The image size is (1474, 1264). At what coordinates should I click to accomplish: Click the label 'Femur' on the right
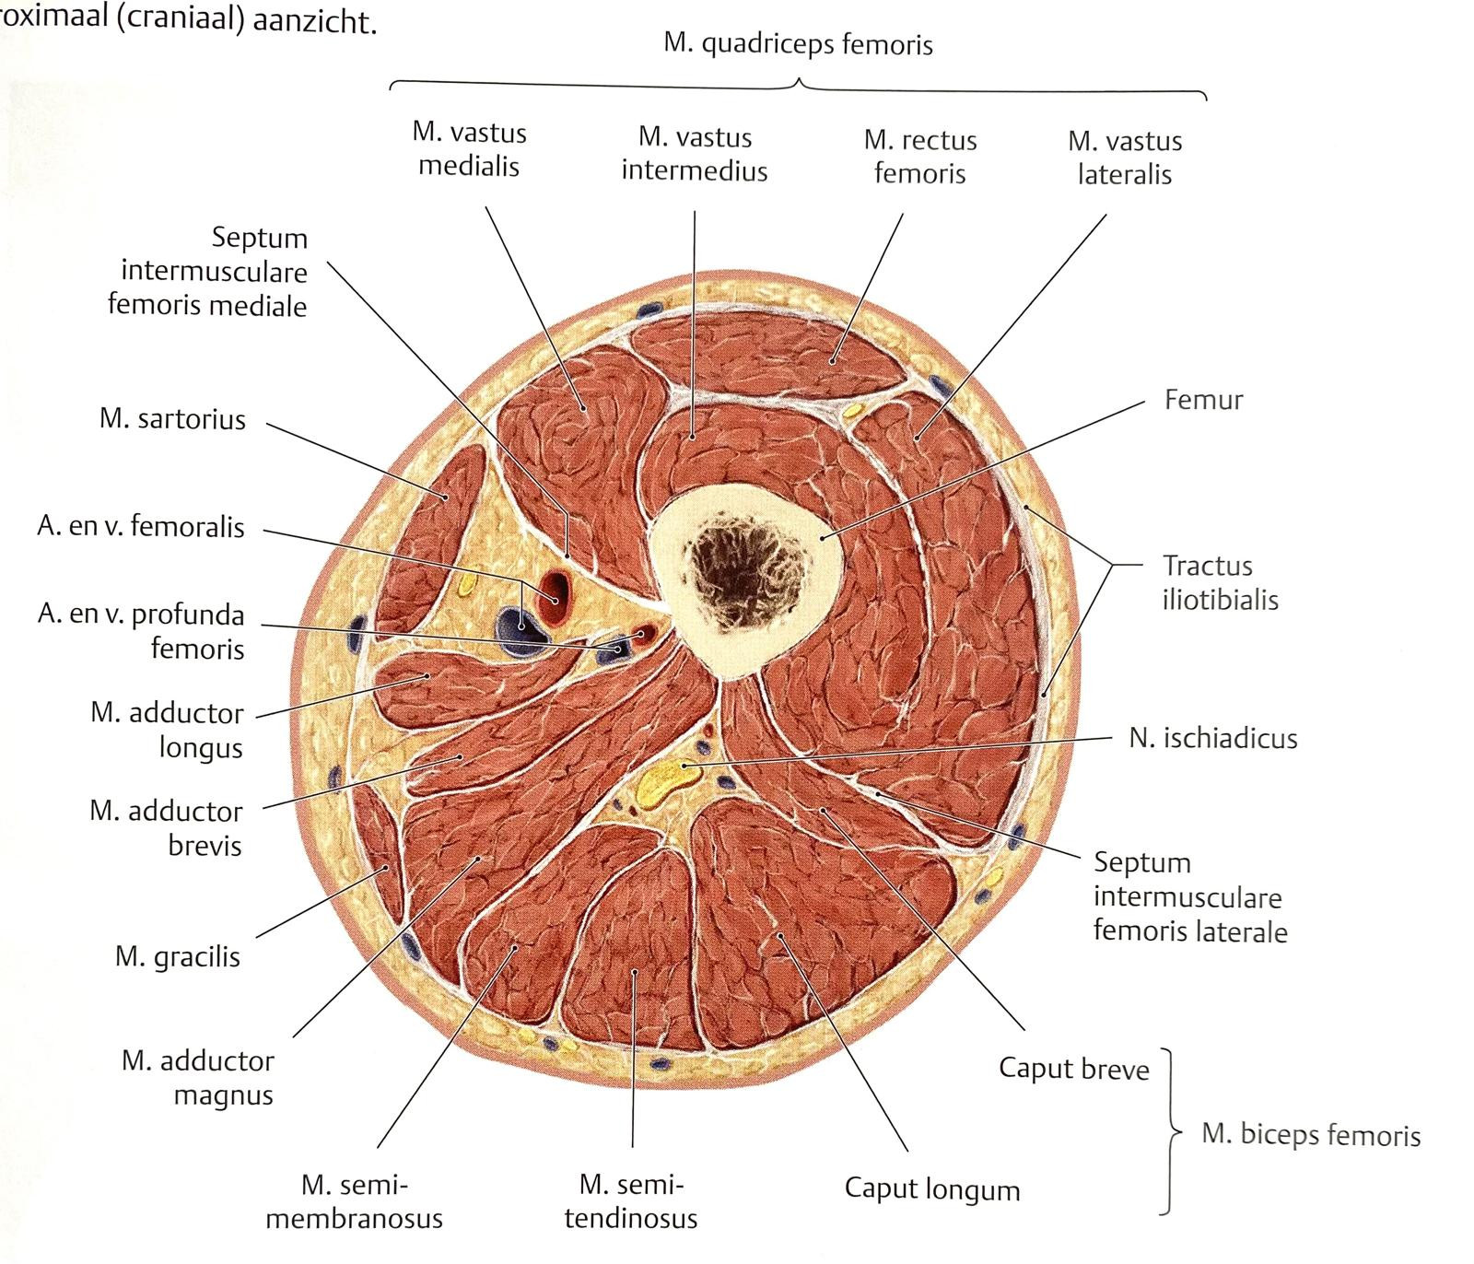tap(1203, 400)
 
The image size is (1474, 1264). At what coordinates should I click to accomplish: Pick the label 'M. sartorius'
tap(172, 419)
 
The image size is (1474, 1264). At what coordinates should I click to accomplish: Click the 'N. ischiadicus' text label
tap(1212, 738)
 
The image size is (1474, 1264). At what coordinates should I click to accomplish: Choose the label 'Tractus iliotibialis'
tap(1219, 582)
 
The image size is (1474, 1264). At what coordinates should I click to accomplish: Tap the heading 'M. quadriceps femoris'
tap(798, 44)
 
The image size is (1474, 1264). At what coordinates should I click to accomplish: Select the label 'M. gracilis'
tap(177, 956)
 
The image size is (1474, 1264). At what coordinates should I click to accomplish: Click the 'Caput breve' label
tap(1074, 1069)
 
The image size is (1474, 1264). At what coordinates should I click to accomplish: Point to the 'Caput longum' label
tap(932, 1188)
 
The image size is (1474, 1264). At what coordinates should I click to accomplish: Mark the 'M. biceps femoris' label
tap(1311, 1134)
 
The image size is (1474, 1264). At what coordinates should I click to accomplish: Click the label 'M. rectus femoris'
tap(920, 157)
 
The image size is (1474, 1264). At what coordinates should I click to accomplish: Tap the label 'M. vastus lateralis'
tap(1125, 158)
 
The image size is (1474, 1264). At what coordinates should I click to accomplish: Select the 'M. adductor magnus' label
tap(198, 1078)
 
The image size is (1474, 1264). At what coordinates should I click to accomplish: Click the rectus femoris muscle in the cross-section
tap(769, 355)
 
